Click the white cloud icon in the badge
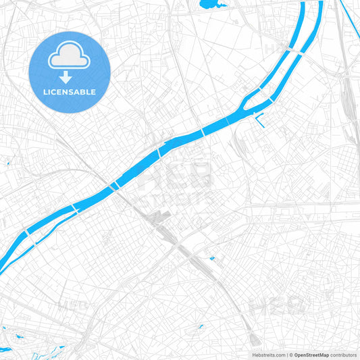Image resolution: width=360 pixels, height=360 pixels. (70, 59)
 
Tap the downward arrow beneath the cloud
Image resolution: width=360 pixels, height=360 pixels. (70, 77)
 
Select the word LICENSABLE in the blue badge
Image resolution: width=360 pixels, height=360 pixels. (70, 91)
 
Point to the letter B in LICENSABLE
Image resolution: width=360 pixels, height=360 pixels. (85, 91)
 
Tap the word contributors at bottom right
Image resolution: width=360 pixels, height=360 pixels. (343, 355)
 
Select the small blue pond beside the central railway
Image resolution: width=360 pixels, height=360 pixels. (212, 257)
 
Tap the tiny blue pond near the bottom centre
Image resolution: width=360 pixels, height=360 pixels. (201, 328)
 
